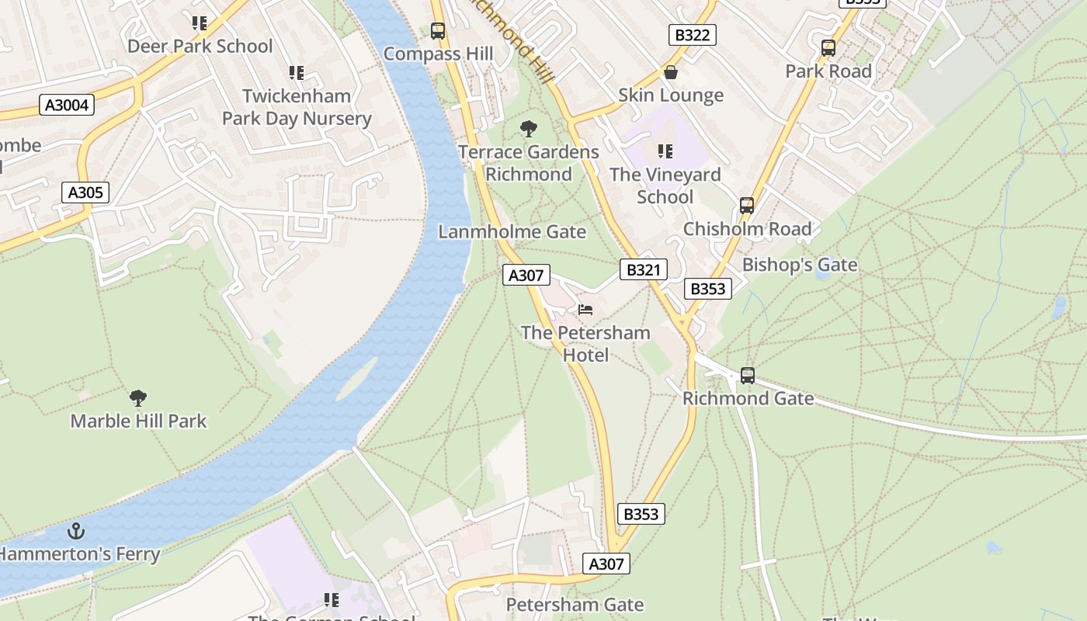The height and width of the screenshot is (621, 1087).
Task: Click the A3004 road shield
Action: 67,105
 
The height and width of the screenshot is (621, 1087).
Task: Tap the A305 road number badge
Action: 85,193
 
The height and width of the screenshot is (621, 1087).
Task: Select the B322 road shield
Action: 692,35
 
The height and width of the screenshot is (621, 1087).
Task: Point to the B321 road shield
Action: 644,269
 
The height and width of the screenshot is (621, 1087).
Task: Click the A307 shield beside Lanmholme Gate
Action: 526,275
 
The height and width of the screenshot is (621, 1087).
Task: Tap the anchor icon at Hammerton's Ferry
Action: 76,531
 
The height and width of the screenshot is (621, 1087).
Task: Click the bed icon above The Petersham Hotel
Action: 585,310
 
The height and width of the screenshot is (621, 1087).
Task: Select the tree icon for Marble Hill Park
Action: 138,398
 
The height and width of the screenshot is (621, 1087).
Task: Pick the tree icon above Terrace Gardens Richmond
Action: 529,129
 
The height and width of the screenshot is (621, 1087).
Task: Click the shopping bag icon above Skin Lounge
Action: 671,72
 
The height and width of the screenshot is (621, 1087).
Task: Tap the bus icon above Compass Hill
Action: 438,31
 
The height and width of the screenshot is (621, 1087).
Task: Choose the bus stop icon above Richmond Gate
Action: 748,376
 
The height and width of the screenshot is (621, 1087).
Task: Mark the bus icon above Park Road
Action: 828,48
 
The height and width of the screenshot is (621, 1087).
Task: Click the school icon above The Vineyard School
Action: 665,151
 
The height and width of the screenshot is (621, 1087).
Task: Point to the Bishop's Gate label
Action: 800,265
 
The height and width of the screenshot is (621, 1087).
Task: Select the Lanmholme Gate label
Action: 512,232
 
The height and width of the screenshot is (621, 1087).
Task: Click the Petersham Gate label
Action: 575,605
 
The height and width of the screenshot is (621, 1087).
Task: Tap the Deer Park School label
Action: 200,47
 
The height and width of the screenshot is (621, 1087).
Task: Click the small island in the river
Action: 356,379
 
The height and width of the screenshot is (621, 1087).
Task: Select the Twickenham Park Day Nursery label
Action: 297,107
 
